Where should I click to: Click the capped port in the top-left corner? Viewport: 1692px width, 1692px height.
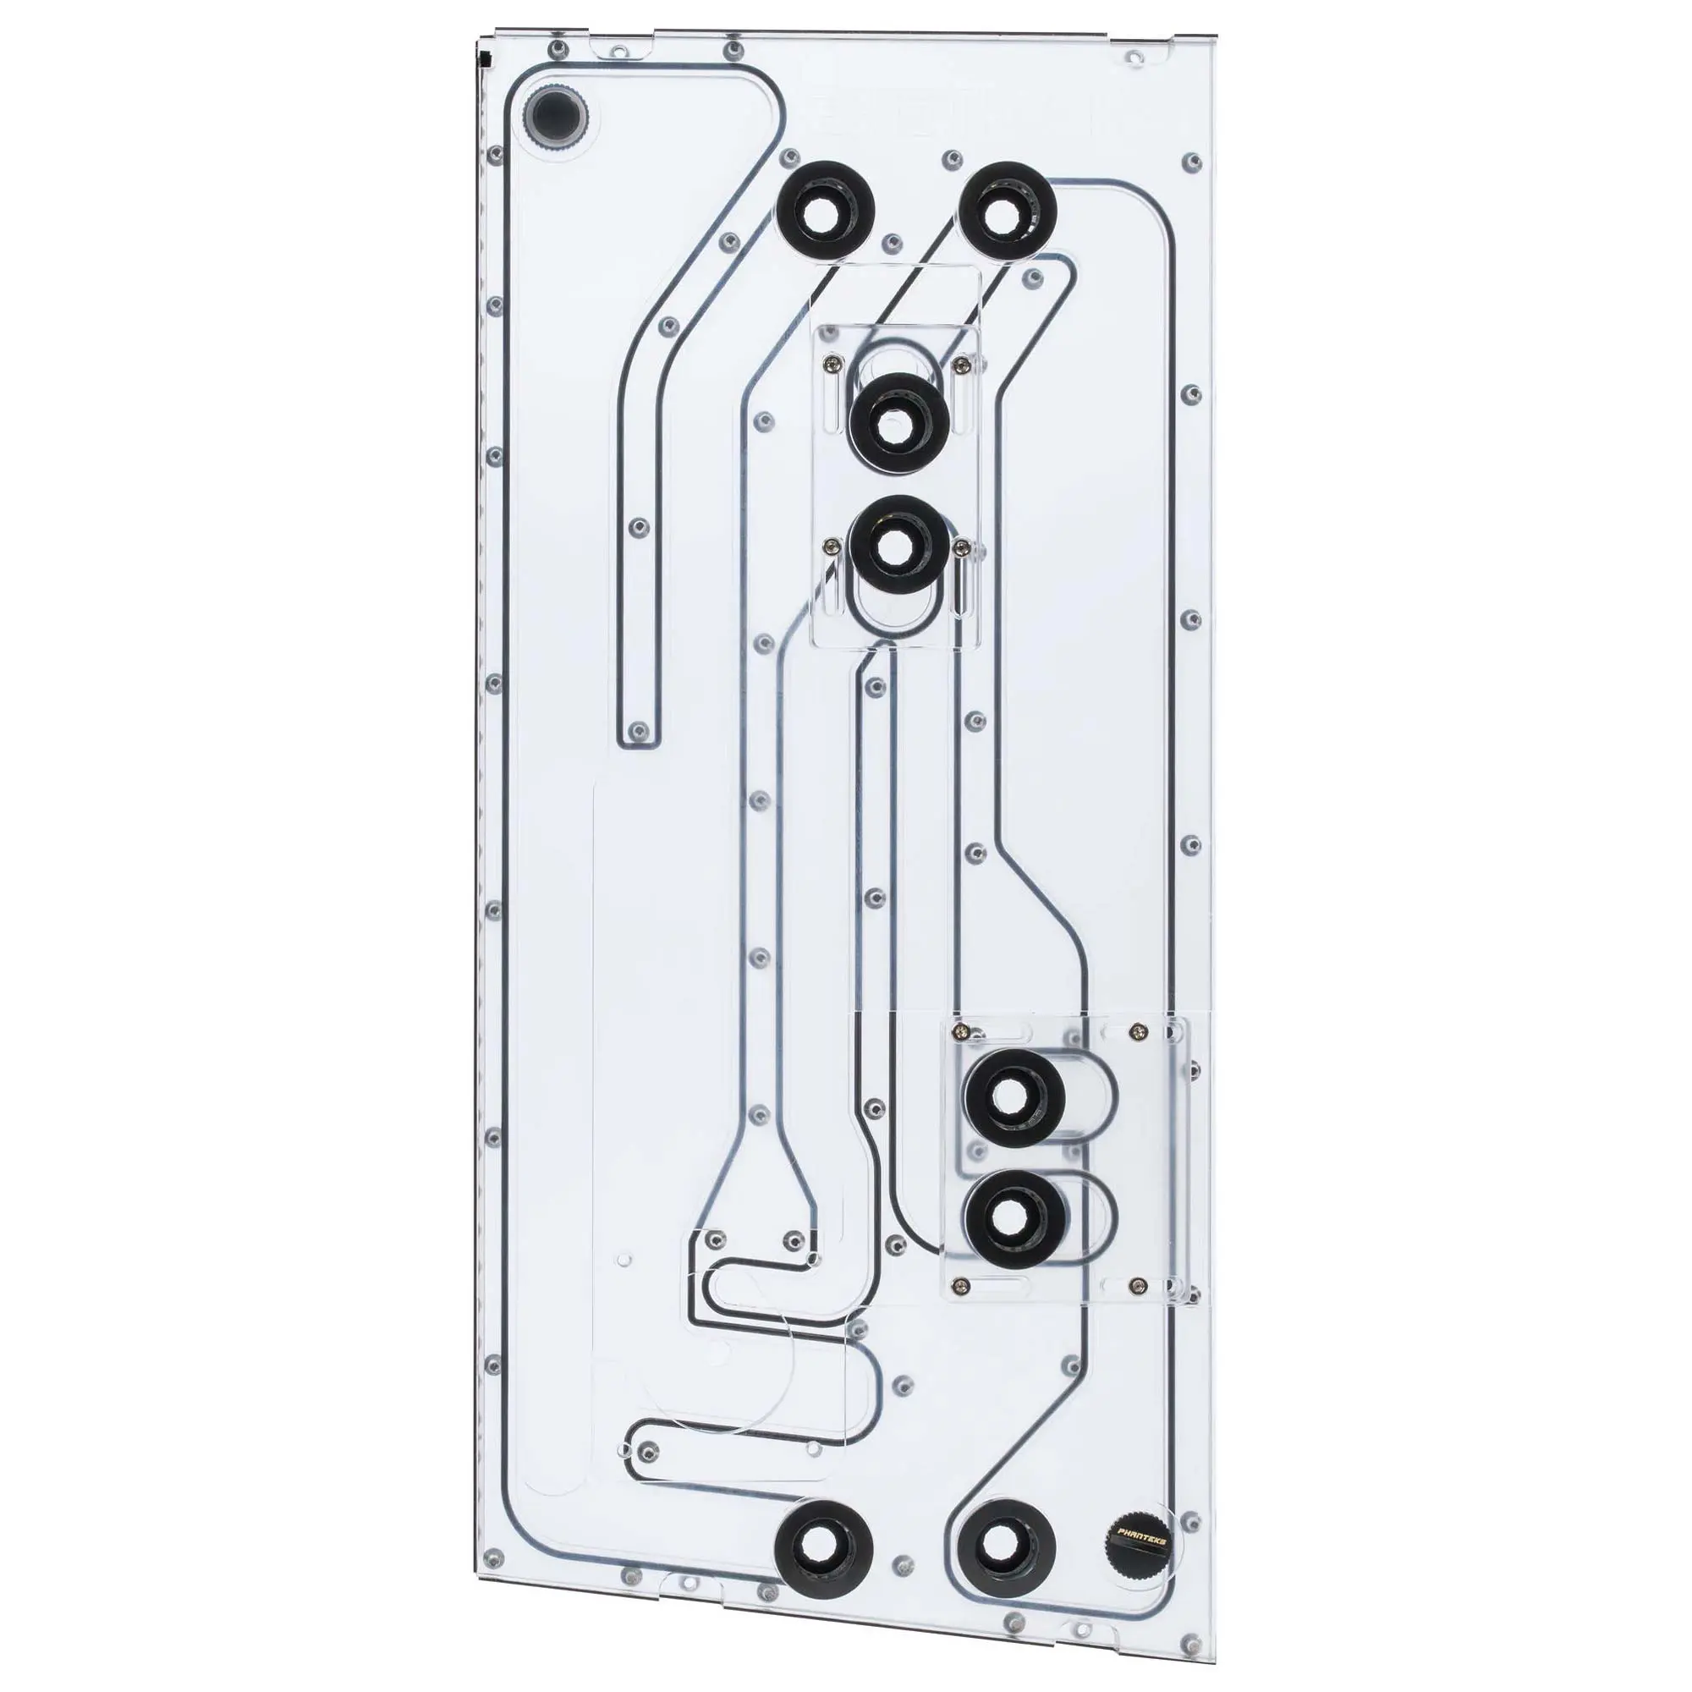(555, 114)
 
